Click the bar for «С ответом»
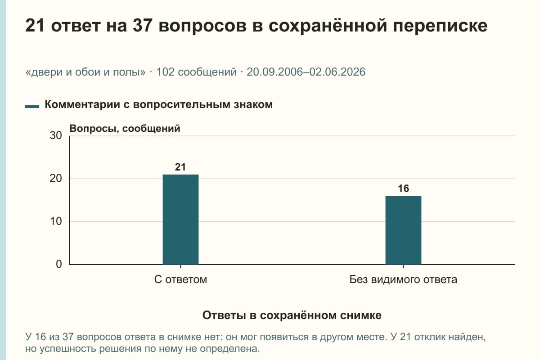180,220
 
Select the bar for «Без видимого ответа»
403,230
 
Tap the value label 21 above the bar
180,167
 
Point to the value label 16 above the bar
403,189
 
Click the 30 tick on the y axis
56,135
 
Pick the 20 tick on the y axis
56,179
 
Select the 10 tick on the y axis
56,221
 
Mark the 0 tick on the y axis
59,264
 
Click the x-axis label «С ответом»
180,279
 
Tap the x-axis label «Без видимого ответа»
403,279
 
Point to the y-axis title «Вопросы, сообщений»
125,129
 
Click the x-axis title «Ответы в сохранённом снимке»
292,315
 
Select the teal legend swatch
32,106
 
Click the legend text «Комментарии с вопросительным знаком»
158,105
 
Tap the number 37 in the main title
142,25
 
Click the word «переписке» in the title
440,26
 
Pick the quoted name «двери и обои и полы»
85,72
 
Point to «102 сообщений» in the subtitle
197,72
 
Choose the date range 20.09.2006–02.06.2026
306,72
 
